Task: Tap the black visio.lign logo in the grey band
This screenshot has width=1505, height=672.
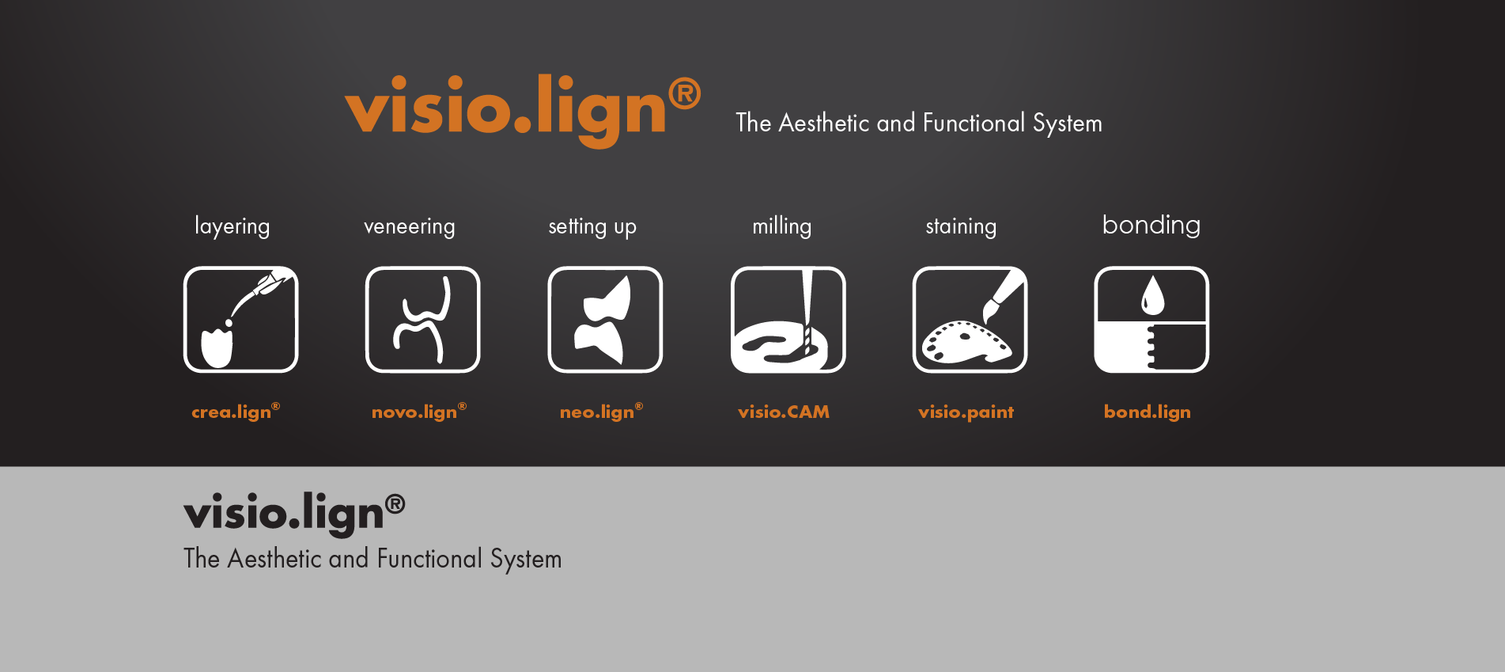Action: click(294, 514)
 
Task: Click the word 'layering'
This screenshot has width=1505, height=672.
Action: click(233, 226)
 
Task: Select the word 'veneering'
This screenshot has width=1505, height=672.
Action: click(410, 226)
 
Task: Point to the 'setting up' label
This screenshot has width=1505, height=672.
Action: click(592, 226)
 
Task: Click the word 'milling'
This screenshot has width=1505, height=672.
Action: click(782, 226)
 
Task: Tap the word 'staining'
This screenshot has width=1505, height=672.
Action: click(961, 226)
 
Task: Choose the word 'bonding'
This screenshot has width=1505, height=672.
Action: click(1151, 225)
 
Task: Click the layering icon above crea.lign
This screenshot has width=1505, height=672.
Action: click(241, 319)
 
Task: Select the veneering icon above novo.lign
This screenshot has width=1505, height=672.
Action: click(423, 319)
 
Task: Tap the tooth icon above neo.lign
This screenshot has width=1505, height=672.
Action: click(605, 319)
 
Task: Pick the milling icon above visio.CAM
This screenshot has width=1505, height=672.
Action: click(788, 319)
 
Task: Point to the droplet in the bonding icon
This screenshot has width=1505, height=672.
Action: click(1152, 295)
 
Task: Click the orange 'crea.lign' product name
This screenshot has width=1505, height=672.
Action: click(236, 412)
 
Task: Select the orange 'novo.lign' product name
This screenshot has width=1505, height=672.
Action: click(419, 412)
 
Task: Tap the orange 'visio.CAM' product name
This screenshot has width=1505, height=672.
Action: click(784, 412)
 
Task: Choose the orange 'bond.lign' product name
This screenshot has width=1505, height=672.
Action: click(1148, 412)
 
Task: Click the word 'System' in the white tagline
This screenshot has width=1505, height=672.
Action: click(1068, 123)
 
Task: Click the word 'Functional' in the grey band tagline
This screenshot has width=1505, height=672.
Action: click(429, 559)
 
